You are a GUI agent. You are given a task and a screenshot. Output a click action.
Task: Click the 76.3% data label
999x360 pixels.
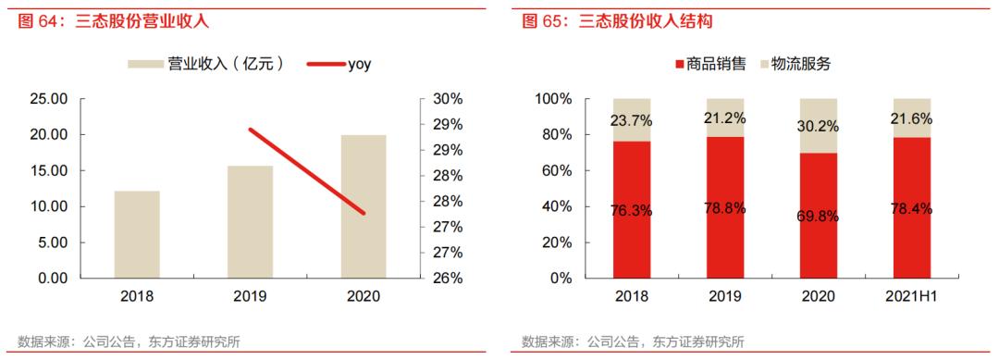pos(632,210)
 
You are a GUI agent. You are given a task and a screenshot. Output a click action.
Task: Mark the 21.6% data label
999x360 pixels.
pos(911,118)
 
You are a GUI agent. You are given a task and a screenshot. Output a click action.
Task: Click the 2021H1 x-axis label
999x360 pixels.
pos(911,297)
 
